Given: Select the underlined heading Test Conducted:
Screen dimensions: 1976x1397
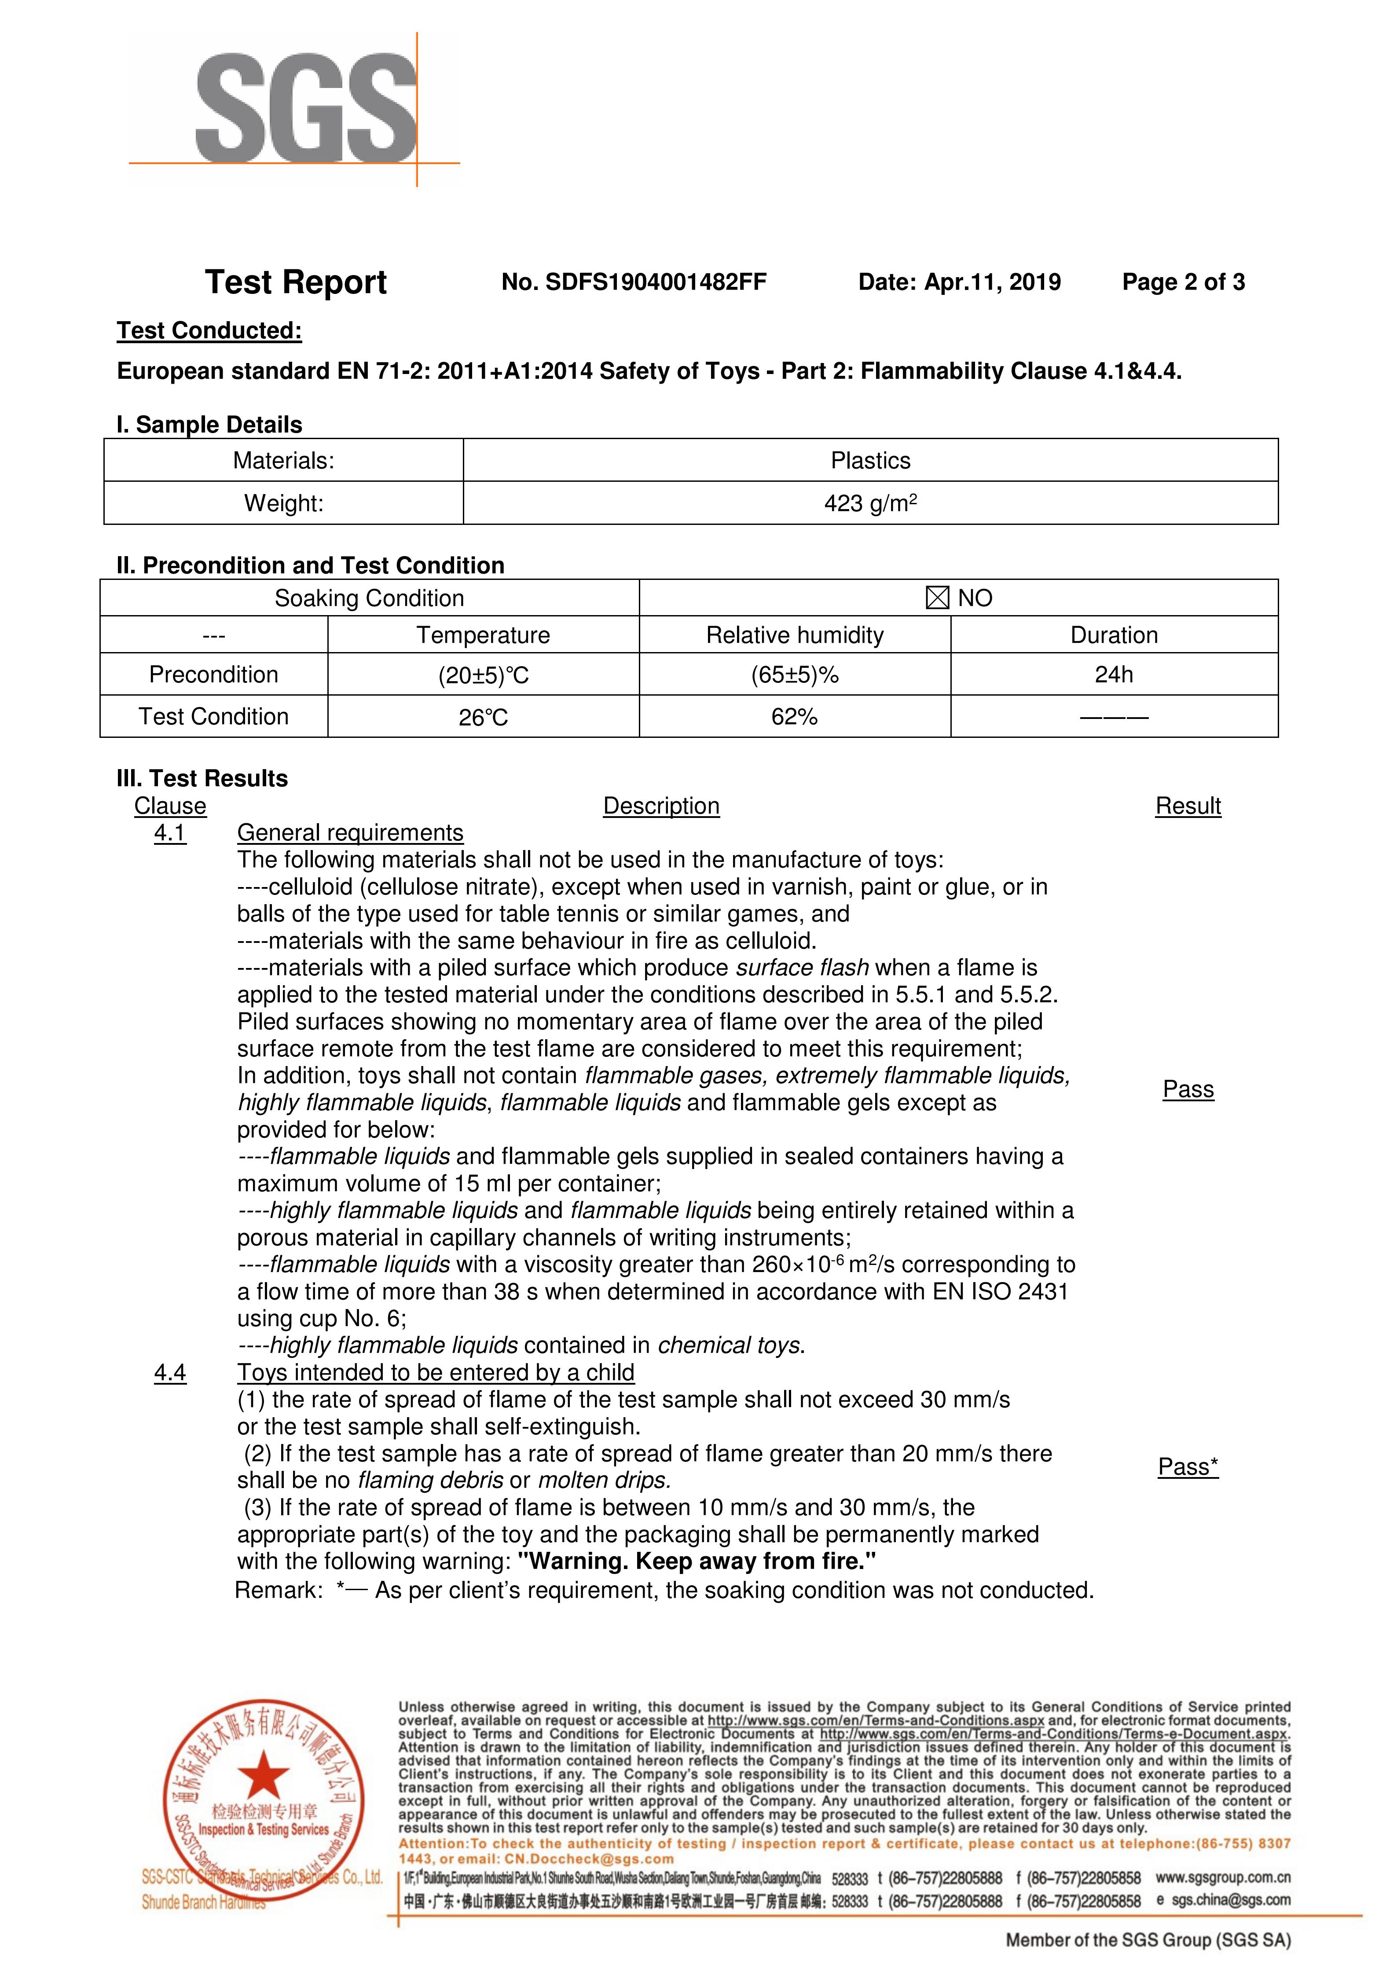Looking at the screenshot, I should point(209,330).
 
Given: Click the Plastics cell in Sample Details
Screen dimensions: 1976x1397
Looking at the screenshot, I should point(870,460).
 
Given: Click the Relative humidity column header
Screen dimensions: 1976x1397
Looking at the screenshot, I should point(795,635).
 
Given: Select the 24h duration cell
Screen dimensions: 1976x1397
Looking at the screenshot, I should point(1114,674).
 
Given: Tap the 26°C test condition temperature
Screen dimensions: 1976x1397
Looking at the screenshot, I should point(483,717).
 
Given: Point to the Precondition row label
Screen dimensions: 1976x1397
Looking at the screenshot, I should point(213,674).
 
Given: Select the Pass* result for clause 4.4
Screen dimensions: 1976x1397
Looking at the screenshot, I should point(1188,1466).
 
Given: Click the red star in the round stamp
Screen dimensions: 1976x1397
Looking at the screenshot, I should point(264,1773).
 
